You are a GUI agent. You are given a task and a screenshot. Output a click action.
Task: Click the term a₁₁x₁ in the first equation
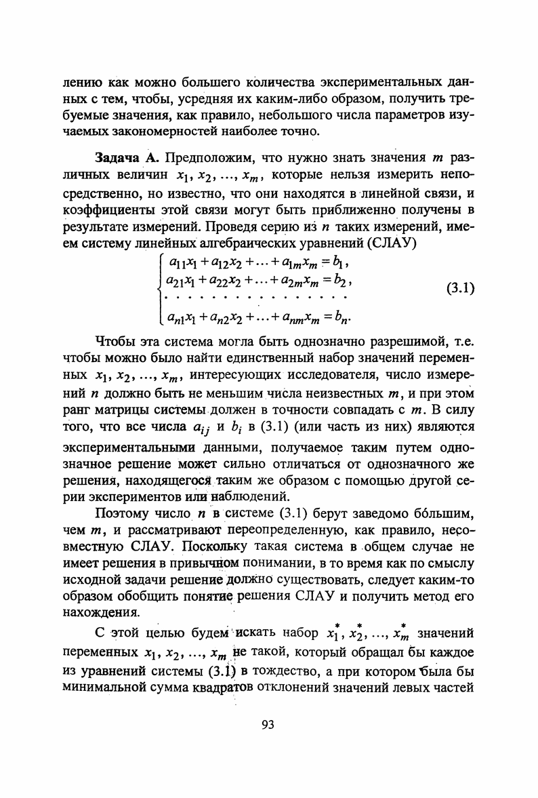click(x=180, y=262)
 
